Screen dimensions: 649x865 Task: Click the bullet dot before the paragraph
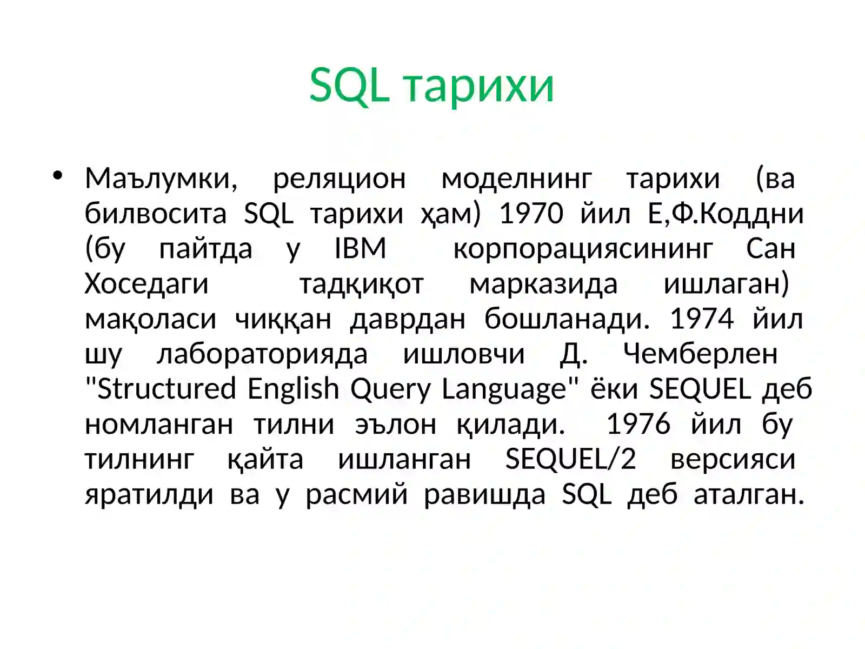(58, 175)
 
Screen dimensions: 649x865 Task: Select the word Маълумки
(161, 178)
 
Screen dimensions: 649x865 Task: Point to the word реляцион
(339, 178)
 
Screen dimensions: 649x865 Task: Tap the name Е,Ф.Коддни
(726, 214)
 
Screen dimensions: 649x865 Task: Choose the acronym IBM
(360, 249)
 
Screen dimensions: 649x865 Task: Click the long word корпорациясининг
(583, 249)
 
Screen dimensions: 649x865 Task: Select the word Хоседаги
(147, 284)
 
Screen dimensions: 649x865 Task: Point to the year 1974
(701, 319)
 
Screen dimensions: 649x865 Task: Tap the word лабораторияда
(262, 354)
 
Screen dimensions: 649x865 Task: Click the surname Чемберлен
(700, 354)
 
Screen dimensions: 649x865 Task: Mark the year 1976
(638, 424)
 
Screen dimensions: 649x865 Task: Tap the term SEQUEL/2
(570, 459)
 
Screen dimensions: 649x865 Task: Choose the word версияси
(733, 459)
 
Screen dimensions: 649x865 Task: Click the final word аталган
(749, 494)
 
